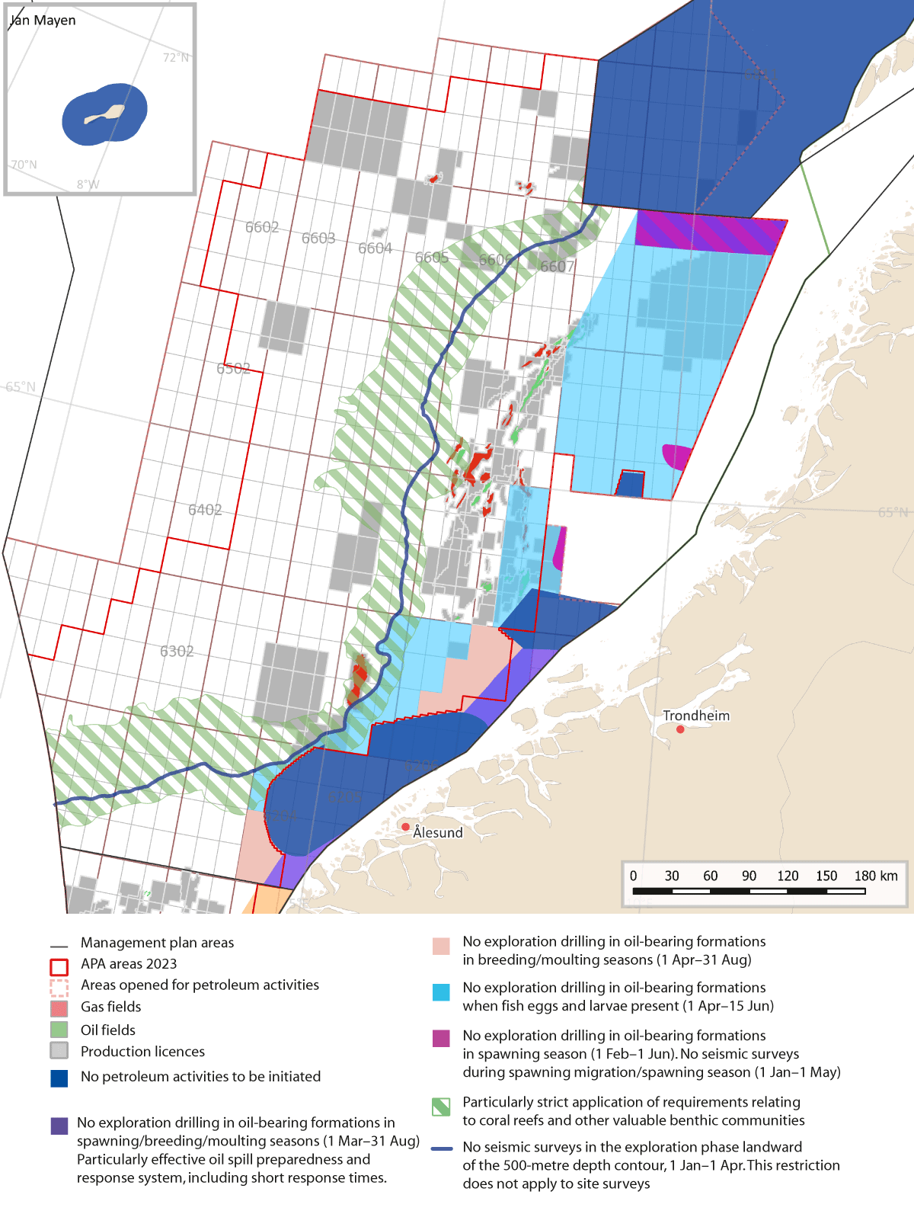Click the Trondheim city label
click(695, 716)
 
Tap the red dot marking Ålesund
click(406, 827)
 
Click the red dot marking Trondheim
click(680, 729)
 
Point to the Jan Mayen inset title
click(43, 21)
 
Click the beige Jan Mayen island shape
click(104, 115)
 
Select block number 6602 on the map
click(262, 227)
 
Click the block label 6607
click(557, 266)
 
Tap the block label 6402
click(205, 510)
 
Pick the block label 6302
click(177, 651)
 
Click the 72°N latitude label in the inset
click(176, 58)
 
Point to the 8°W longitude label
click(88, 184)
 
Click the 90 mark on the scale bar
click(749, 876)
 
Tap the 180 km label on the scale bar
click(876, 876)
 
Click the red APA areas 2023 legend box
click(59, 966)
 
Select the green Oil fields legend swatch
click(59, 1030)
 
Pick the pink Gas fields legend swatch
click(59, 1008)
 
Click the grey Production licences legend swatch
click(59, 1050)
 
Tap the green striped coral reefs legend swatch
click(441, 1107)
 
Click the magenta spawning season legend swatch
click(441, 1038)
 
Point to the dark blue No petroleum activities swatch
click(59, 1078)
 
